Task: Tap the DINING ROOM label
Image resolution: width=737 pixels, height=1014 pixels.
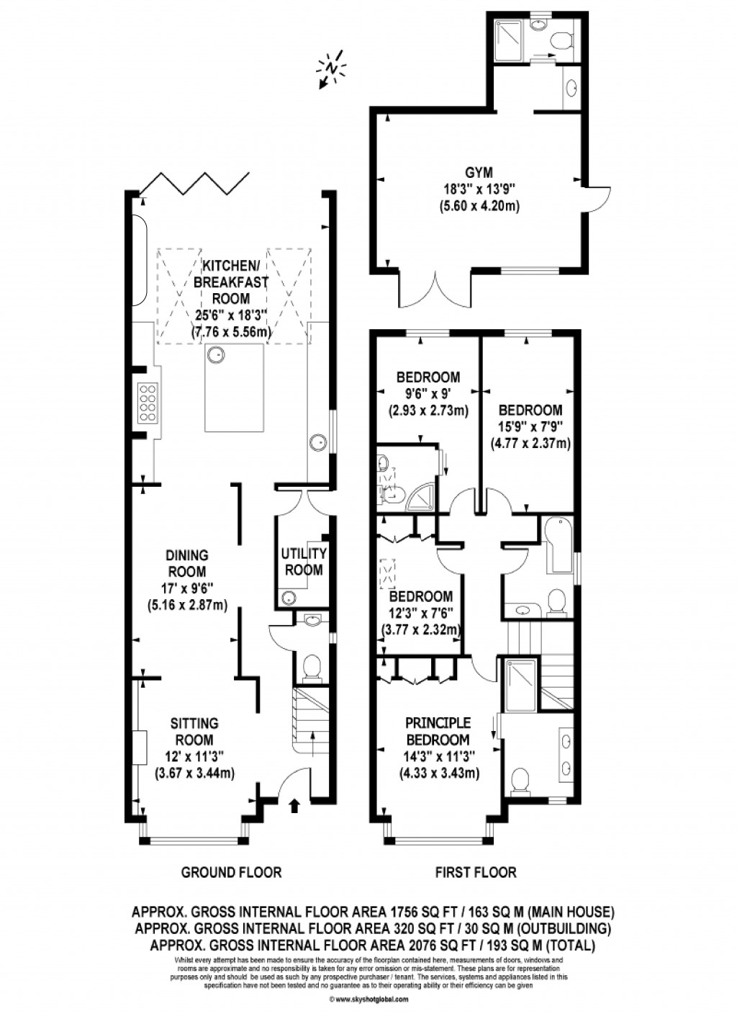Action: [187, 555]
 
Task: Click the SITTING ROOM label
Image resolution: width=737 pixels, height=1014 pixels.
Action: [194, 731]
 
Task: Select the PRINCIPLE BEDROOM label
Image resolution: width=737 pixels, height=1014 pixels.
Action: [438, 730]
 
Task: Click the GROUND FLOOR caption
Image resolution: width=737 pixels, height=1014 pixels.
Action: [231, 872]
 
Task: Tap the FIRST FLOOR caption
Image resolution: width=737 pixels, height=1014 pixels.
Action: [476, 872]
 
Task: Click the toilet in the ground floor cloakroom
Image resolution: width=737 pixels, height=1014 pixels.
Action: [312, 668]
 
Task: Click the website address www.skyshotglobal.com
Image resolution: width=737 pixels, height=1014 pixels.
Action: [368, 999]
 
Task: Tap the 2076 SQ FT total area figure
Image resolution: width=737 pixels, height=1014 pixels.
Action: [399, 945]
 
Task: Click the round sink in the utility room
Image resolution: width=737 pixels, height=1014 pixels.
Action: [289, 596]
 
